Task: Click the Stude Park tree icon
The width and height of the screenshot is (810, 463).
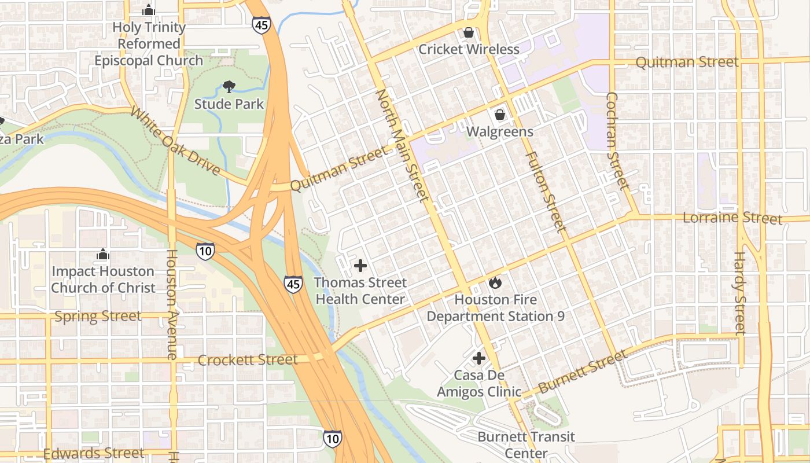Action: [x=229, y=87]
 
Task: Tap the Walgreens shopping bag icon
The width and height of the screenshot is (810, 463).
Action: [x=500, y=115]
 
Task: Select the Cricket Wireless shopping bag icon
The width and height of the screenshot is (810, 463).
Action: [x=468, y=32]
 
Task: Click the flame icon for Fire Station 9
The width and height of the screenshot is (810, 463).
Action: [x=495, y=282]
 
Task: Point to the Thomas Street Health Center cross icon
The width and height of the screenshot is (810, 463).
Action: [x=360, y=266]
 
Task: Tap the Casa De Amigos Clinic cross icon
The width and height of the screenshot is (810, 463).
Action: [x=478, y=358]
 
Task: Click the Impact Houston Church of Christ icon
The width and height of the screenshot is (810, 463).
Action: [x=103, y=254]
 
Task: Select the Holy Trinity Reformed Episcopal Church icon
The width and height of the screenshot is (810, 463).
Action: [x=149, y=10]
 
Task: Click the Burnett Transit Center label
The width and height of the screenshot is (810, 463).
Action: [x=526, y=444]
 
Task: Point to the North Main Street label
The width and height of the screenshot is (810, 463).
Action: [x=403, y=145]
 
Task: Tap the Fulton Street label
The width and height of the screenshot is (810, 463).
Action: [x=545, y=192]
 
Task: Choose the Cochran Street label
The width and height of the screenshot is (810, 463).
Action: [x=616, y=141]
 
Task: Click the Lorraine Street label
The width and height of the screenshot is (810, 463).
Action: [x=732, y=218]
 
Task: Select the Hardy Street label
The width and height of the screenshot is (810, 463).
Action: [x=740, y=293]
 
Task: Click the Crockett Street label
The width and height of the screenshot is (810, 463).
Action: [x=248, y=360]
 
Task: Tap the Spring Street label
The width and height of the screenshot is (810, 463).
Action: [x=98, y=316]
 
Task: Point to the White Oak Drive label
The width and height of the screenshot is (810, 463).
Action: [x=175, y=141]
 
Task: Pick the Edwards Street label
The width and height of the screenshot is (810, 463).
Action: [x=93, y=453]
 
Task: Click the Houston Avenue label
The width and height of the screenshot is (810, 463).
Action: [x=172, y=304]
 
